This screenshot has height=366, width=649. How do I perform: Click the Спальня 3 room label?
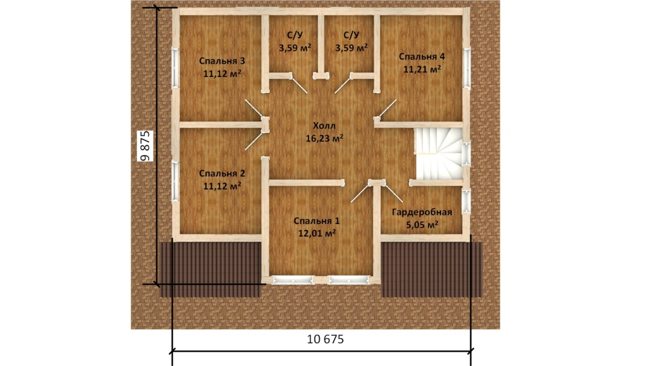(x=222, y=61)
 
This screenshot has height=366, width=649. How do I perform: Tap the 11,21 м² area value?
(x=422, y=69)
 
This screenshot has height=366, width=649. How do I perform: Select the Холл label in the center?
(x=324, y=126)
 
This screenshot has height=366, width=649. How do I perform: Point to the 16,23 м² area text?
(x=324, y=138)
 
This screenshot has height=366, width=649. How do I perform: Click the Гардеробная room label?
(x=422, y=212)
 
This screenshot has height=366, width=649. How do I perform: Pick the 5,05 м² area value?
(x=422, y=225)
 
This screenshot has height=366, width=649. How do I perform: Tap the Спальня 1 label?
(x=317, y=221)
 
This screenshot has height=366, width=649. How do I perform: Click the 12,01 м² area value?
(x=317, y=234)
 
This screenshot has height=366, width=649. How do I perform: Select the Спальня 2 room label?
(x=222, y=173)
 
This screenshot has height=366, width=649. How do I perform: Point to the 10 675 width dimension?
(x=325, y=339)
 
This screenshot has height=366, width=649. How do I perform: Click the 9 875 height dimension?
(x=146, y=146)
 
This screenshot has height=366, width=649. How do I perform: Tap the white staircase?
(x=438, y=154)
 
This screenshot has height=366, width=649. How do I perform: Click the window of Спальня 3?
(x=175, y=68)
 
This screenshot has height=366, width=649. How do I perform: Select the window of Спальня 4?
(x=467, y=68)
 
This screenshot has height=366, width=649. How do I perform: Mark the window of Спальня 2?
(x=175, y=181)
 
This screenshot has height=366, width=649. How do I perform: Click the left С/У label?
(x=294, y=35)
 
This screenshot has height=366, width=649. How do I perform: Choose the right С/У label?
(x=351, y=35)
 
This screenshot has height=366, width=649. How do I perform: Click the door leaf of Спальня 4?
(x=388, y=108)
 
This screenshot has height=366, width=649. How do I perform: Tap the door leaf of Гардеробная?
(x=393, y=192)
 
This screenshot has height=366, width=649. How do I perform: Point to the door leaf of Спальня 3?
(x=254, y=108)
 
